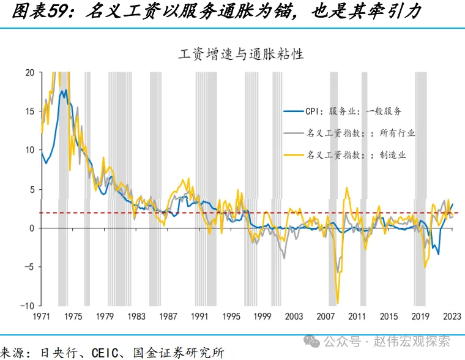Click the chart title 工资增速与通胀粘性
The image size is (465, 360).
click(x=241, y=53)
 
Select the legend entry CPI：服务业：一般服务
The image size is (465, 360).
click(x=353, y=111)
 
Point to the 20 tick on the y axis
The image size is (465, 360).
click(x=29, y=72)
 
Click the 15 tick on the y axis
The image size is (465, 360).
click(x=29, y=111)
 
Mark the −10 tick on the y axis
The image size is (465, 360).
click(x=28, y=306)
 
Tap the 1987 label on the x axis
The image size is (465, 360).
click(x=168, y=317)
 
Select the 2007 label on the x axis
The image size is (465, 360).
click(x=325, y=317)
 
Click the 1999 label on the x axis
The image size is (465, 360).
click(x=262, y=317)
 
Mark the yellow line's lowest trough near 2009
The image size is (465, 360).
click(x=338, y=302)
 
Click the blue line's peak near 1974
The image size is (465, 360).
click(x=64, y=90)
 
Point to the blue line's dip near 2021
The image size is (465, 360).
click(x=438, y=254)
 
